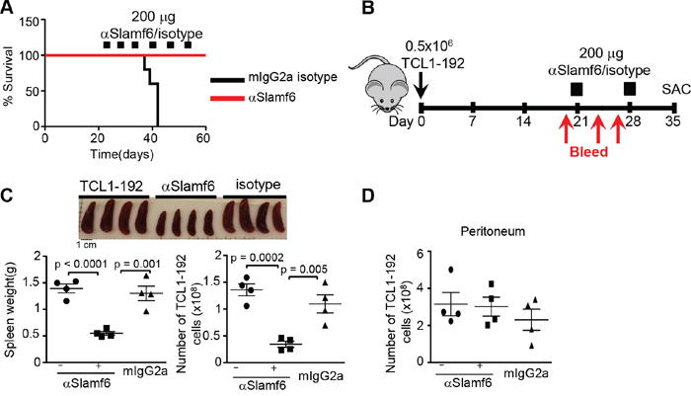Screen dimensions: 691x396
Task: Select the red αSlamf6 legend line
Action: click(227, 99)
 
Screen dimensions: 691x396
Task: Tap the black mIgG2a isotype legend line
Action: click(227, 80)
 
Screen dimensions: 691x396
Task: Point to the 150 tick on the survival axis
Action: click(30, 21)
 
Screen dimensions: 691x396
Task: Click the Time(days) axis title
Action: click(122, 154)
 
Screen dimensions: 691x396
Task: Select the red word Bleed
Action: click(588, 152)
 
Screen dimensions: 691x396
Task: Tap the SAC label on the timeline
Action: click(676, 89)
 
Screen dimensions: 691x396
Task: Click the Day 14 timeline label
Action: click(523, 120)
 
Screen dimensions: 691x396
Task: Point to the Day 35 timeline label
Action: click(673, 120)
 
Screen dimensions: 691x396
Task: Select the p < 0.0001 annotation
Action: click(81, 264)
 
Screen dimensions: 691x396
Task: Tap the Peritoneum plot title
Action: click(493, 231)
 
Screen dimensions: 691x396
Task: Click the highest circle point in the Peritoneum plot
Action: click(450, 270)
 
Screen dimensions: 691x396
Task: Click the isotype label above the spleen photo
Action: click(258, 185)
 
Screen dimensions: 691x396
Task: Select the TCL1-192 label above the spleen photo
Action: click(111, 187)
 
